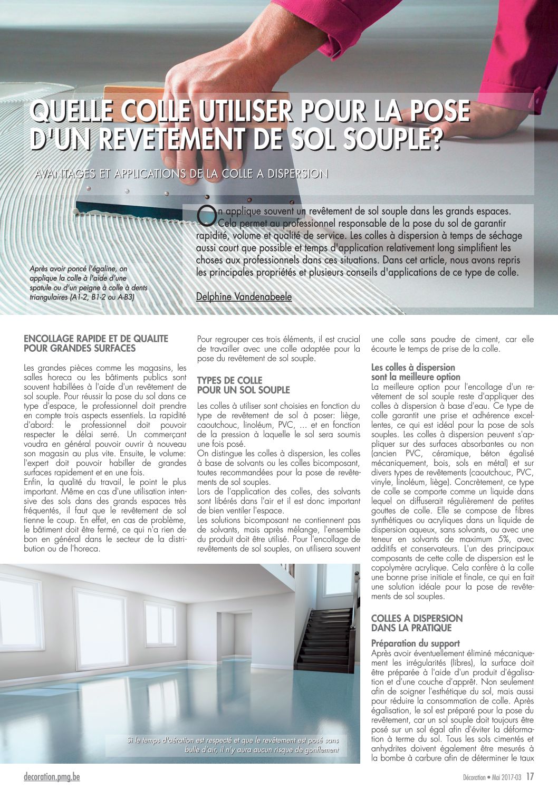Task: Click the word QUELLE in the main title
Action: [x=71, y=111]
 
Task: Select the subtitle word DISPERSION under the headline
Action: [x=297, y=174]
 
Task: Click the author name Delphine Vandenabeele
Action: [x=244, y=297]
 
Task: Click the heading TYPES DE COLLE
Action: [x=229, y=380]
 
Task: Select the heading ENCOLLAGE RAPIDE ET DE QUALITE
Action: [x=96, y=339]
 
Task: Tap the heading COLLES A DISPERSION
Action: [x=417, y=618]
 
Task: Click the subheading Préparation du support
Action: [x=416, y=643]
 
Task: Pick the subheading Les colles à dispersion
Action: [x=413, y=368]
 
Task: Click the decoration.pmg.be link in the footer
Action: [x=52, y=777]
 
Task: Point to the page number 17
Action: [x=530, y=777]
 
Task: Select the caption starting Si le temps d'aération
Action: [x=233, y=745]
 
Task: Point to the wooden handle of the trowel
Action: [x=134, y=95]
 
